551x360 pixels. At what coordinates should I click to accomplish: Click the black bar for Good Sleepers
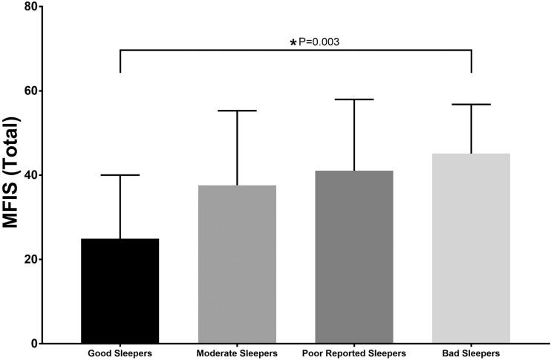tap(120, 291)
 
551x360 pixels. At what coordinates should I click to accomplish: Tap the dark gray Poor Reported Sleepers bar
tap(353, 257)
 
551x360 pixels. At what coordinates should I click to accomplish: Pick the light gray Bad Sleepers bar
tap(471, 249)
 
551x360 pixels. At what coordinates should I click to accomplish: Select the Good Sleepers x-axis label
tap(120, 353)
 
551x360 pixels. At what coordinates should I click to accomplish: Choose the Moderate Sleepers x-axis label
tap(237, 353)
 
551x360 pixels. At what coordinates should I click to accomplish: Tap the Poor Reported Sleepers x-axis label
tap(353, 353)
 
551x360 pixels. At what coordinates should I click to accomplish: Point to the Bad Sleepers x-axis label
tap(471, 353)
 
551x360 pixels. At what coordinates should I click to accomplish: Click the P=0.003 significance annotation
tap(319, 42)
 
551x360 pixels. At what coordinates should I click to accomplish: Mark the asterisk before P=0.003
tap(293, 43)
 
